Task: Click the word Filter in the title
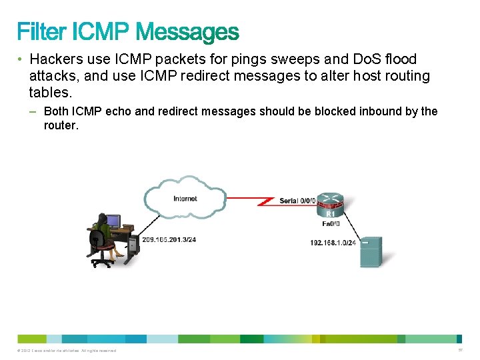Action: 41,31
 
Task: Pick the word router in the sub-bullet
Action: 61,125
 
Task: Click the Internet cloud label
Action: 185,198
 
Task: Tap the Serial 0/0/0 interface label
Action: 297,201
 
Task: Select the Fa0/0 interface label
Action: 331,224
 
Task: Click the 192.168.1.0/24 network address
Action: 333,243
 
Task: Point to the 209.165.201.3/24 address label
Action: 169,238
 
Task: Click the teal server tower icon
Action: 371,251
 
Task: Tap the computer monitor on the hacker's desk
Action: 113,221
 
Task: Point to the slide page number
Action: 461,350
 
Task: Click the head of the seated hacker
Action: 102,219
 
